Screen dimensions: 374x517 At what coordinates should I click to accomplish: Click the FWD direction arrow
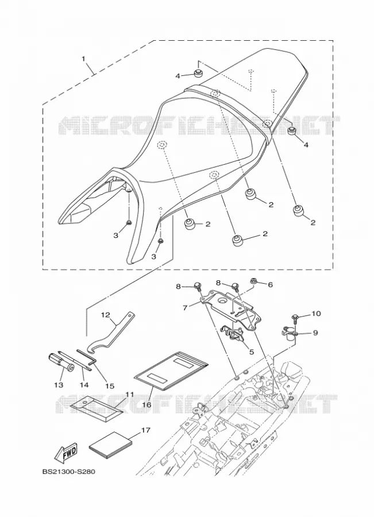click(x=65, y=452)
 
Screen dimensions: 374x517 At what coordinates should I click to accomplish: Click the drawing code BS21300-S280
click(x=68, y=472)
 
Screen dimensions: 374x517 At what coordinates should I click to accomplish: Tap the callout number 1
click(x=83, y=59)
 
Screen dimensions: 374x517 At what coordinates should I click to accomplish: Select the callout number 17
click(x=145, y=430)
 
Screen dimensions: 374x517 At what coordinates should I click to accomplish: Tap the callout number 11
click(x=129, y=394)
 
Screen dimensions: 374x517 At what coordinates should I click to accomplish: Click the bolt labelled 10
click(x=295, y=319)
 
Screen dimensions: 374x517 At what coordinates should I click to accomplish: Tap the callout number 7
click(x=185, y=308)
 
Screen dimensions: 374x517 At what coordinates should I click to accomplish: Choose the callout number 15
click(x=110, y=385)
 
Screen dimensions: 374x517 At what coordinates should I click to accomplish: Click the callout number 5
click(x=251, y=352)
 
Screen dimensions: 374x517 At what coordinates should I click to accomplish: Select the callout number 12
click(x=105, y=315)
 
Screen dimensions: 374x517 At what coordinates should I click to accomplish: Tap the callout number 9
click(x=315, y=333)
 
